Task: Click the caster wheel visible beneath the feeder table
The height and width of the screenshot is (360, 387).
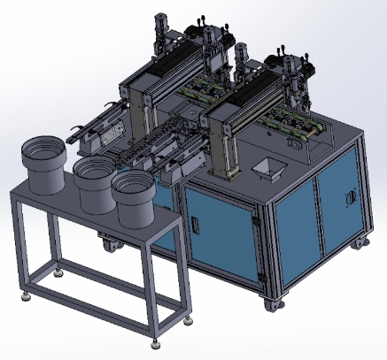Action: click(110, 240)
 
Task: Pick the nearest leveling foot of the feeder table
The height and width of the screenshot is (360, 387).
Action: click(159, 339)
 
